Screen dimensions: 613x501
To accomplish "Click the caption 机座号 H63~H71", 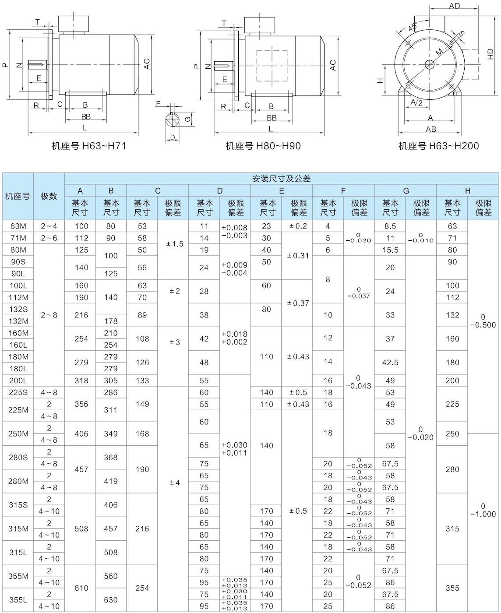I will [x=89, y=146].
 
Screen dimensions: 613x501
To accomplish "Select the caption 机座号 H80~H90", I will [x=263, y=146].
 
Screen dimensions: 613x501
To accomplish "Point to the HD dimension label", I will [x=490, y=54].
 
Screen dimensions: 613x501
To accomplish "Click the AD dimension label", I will [x=454, y=6].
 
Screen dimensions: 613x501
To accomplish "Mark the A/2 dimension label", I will [x=417, y=102].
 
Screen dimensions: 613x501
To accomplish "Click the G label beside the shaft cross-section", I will [x=187, y=119].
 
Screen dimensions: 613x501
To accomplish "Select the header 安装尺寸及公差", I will [x=281, y=178].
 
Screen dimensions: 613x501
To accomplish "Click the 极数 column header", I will [x=49, y=196].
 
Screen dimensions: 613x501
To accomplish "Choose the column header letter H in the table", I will [x=467, y=190].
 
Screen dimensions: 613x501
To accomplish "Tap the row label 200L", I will [x=18, y=380].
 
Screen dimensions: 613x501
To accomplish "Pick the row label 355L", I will [x=18, y=600].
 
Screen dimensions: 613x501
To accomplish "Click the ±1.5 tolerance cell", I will [x=175, y=244].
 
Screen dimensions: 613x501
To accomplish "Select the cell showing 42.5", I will [x=390, y=363].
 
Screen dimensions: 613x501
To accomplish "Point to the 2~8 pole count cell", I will [x=49, y=315].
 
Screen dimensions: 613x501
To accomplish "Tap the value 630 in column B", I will [x=111, y=600].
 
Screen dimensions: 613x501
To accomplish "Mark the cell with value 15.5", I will [x=390, y=250].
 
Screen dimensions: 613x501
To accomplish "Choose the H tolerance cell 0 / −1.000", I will [x=483, y=510].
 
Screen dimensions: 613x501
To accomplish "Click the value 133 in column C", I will [x=142, y=380].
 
